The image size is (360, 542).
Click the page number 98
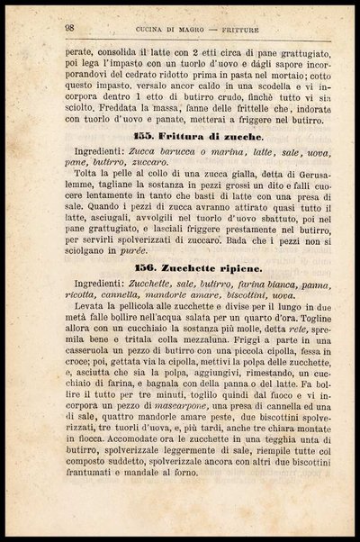pos(68,28)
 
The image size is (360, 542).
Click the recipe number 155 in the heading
pos(144,133)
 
